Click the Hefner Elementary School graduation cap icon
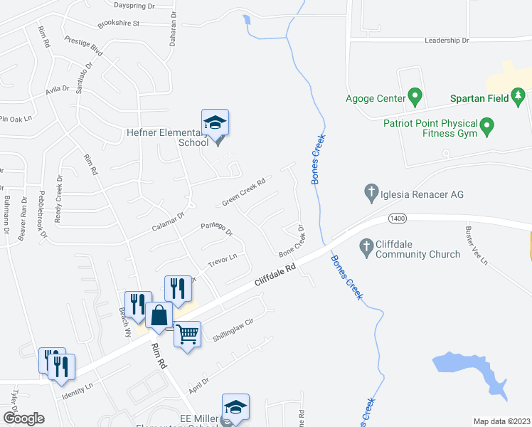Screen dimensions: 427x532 pyautogui.click(x=215, y=122)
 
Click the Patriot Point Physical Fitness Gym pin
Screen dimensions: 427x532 pyautogui.click(x=487, y=127)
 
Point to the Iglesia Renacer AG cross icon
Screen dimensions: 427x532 pyautogui.click(x=370, y=191)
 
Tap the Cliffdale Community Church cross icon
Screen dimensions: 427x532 pyautogui.click(x=366, y=247)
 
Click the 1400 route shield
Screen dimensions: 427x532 pyautogui.click(x=397, y=216)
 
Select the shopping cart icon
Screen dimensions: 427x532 pyautogui.click(x=187, y=333)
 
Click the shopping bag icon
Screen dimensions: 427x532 pyautogui.click(x=159, y=316)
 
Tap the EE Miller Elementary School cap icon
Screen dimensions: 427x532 pyautogui.click(x=235, y=407)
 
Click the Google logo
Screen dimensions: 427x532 pyautogui.click(x=23, y=418)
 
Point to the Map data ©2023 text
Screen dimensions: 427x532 pyautogui.click(x=501, y=421)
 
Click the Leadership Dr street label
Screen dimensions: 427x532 pyautogui.click(x=447, y=41)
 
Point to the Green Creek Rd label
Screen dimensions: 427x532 pyautogui.click(x=243, y=192)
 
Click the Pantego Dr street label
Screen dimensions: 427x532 pyautogui.click(x=217, y=228)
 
